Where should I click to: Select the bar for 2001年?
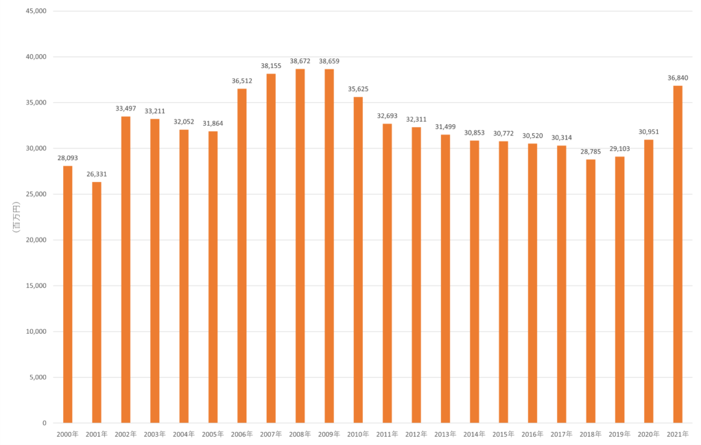[97, 302]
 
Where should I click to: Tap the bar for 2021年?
[678, 254]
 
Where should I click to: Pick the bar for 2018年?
[591, 291]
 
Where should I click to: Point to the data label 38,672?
[300, 61]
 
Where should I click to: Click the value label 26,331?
[97, 174]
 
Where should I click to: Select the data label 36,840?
[678, 78]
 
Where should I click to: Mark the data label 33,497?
[126, 109]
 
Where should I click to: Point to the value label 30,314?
[562, 137]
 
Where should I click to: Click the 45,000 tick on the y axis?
[34, 11]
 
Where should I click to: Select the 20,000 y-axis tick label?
[34, 240]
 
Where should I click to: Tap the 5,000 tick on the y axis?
[36, 377]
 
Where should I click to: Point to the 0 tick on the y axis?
[43, 423]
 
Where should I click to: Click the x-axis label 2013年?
[445, 434]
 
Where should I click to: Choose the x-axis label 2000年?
[68, 434]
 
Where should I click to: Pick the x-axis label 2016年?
[532, 434]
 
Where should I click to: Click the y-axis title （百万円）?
[15, 217]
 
